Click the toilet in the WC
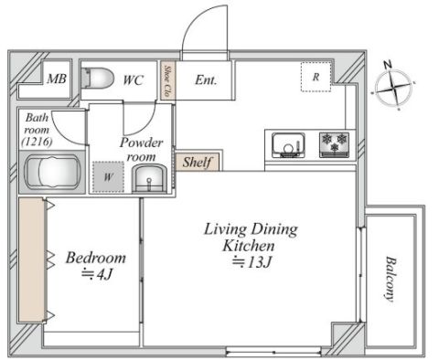(x=98, y=79)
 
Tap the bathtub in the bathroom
(x=53, y=172)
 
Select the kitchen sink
(x=288, y=145)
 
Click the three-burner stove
(x=334, y=144)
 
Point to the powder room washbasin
(x=149, y=179)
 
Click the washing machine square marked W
(x=108, y=176)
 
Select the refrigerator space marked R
(x=316, y=77)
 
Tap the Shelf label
(x=198, y=162)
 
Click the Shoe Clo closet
(x=168, y=80)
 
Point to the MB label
(x=57, y=79)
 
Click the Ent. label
(x=206, y=80)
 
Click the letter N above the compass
(x=388, y=65)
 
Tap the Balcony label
(x=391, y=279)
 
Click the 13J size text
(x=252, y=262)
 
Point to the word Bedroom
(x=96, y=258)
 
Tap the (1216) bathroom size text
(x=37, y=142)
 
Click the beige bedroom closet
(x=32, y=259)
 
